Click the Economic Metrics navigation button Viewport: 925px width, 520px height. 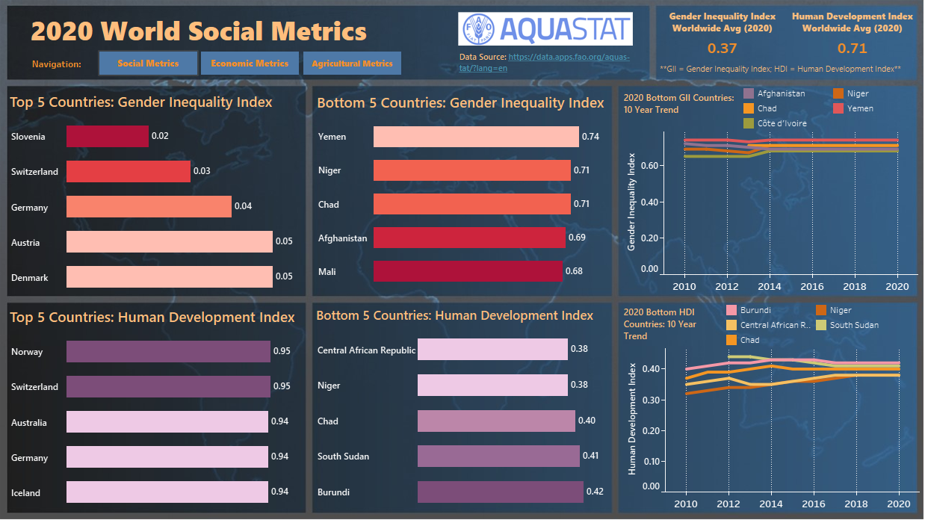(x=250, y=64)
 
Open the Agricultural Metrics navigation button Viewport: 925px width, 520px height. (x=352, y=64)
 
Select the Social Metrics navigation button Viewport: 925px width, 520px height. (x=148, y=64)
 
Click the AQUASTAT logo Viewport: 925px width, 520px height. (x=545, y=30)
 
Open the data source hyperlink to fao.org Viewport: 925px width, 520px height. (x=568, y=57)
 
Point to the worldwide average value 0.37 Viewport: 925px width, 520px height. (x=722, y=49)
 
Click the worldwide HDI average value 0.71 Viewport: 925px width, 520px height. (x=852, y=49)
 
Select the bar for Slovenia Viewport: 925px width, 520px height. (x=108, y=137)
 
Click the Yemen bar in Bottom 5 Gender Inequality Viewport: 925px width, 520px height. (x=476, y=137)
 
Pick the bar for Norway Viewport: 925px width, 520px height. (x=168, y=352)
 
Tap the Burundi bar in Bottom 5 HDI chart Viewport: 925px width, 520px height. (x=500, y=492)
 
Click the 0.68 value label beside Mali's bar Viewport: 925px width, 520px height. (x=574, y=271)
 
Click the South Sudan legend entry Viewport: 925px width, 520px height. (x=854, y=325)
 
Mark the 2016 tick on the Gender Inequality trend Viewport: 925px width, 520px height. (x=813, y=286)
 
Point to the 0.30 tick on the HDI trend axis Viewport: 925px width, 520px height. (x=652, y=400)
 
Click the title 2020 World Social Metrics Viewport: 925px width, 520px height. (x=199, y=31)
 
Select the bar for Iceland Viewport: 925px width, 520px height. (x=167, y=492)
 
